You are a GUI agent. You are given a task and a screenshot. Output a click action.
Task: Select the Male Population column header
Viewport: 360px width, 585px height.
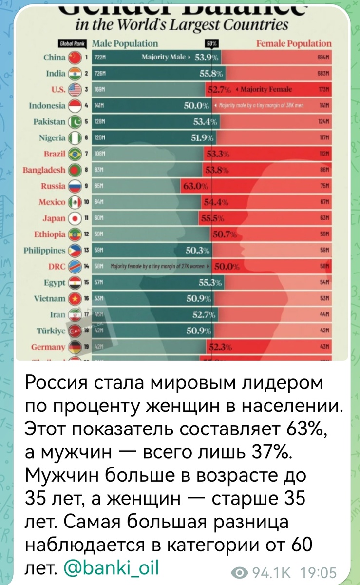tap(125, 44)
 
